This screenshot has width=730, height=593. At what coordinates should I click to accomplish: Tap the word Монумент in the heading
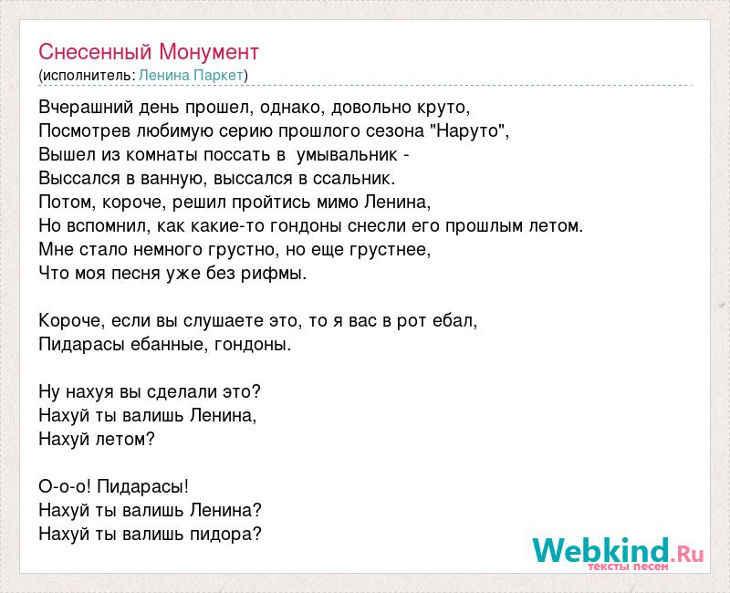point(209,52)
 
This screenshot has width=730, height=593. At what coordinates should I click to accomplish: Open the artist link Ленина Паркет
point(192,76)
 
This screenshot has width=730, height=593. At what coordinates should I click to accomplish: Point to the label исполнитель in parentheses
point(88,76)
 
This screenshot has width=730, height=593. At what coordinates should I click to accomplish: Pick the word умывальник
point(348,155)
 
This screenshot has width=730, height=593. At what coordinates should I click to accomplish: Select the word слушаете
point(224,321)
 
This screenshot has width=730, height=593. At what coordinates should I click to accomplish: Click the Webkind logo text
point(601,550)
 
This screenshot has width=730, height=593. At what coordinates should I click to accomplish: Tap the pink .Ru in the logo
point(687,555)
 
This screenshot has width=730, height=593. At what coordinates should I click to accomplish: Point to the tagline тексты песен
point(628,567)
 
